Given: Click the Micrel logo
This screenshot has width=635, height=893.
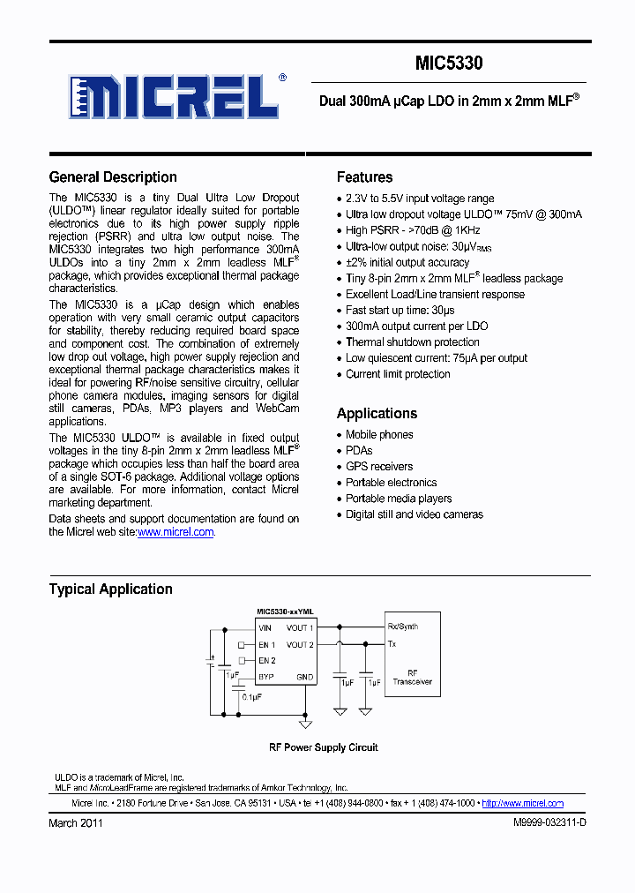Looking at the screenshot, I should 176,96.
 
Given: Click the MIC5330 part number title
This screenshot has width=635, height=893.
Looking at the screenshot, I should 449,64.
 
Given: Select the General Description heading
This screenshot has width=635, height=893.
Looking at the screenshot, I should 113,177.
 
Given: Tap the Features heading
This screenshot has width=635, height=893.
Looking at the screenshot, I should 364,177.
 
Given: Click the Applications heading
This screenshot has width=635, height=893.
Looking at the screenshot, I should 377,414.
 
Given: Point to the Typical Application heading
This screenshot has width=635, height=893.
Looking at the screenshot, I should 110,589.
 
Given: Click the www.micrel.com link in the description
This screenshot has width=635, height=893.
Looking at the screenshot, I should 176,532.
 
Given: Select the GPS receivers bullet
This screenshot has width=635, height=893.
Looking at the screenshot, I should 378,467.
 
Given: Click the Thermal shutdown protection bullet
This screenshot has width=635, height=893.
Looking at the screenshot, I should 412,342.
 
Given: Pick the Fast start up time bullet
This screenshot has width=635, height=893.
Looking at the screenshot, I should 400,311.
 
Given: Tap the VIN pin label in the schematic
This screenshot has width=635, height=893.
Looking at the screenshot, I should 265,628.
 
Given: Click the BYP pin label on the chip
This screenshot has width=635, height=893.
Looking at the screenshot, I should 266,678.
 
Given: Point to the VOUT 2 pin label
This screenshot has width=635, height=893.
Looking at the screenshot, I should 300,645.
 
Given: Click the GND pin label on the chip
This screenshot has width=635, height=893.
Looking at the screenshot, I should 304,678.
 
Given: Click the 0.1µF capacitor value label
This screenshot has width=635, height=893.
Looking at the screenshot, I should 251,697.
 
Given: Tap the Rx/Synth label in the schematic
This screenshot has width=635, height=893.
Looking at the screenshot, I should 403,627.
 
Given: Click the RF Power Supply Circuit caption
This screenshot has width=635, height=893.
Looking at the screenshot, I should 323,747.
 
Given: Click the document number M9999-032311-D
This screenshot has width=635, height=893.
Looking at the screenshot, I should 549,823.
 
